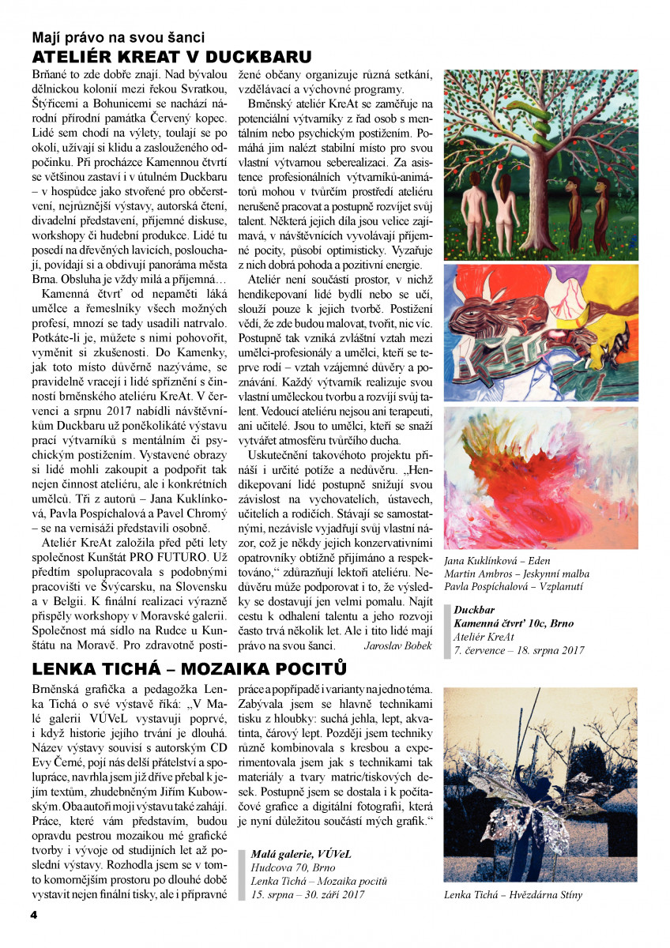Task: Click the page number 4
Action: [34, 915]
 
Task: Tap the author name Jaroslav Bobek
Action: [397, 645]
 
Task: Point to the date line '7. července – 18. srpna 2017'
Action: [519, 650]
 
